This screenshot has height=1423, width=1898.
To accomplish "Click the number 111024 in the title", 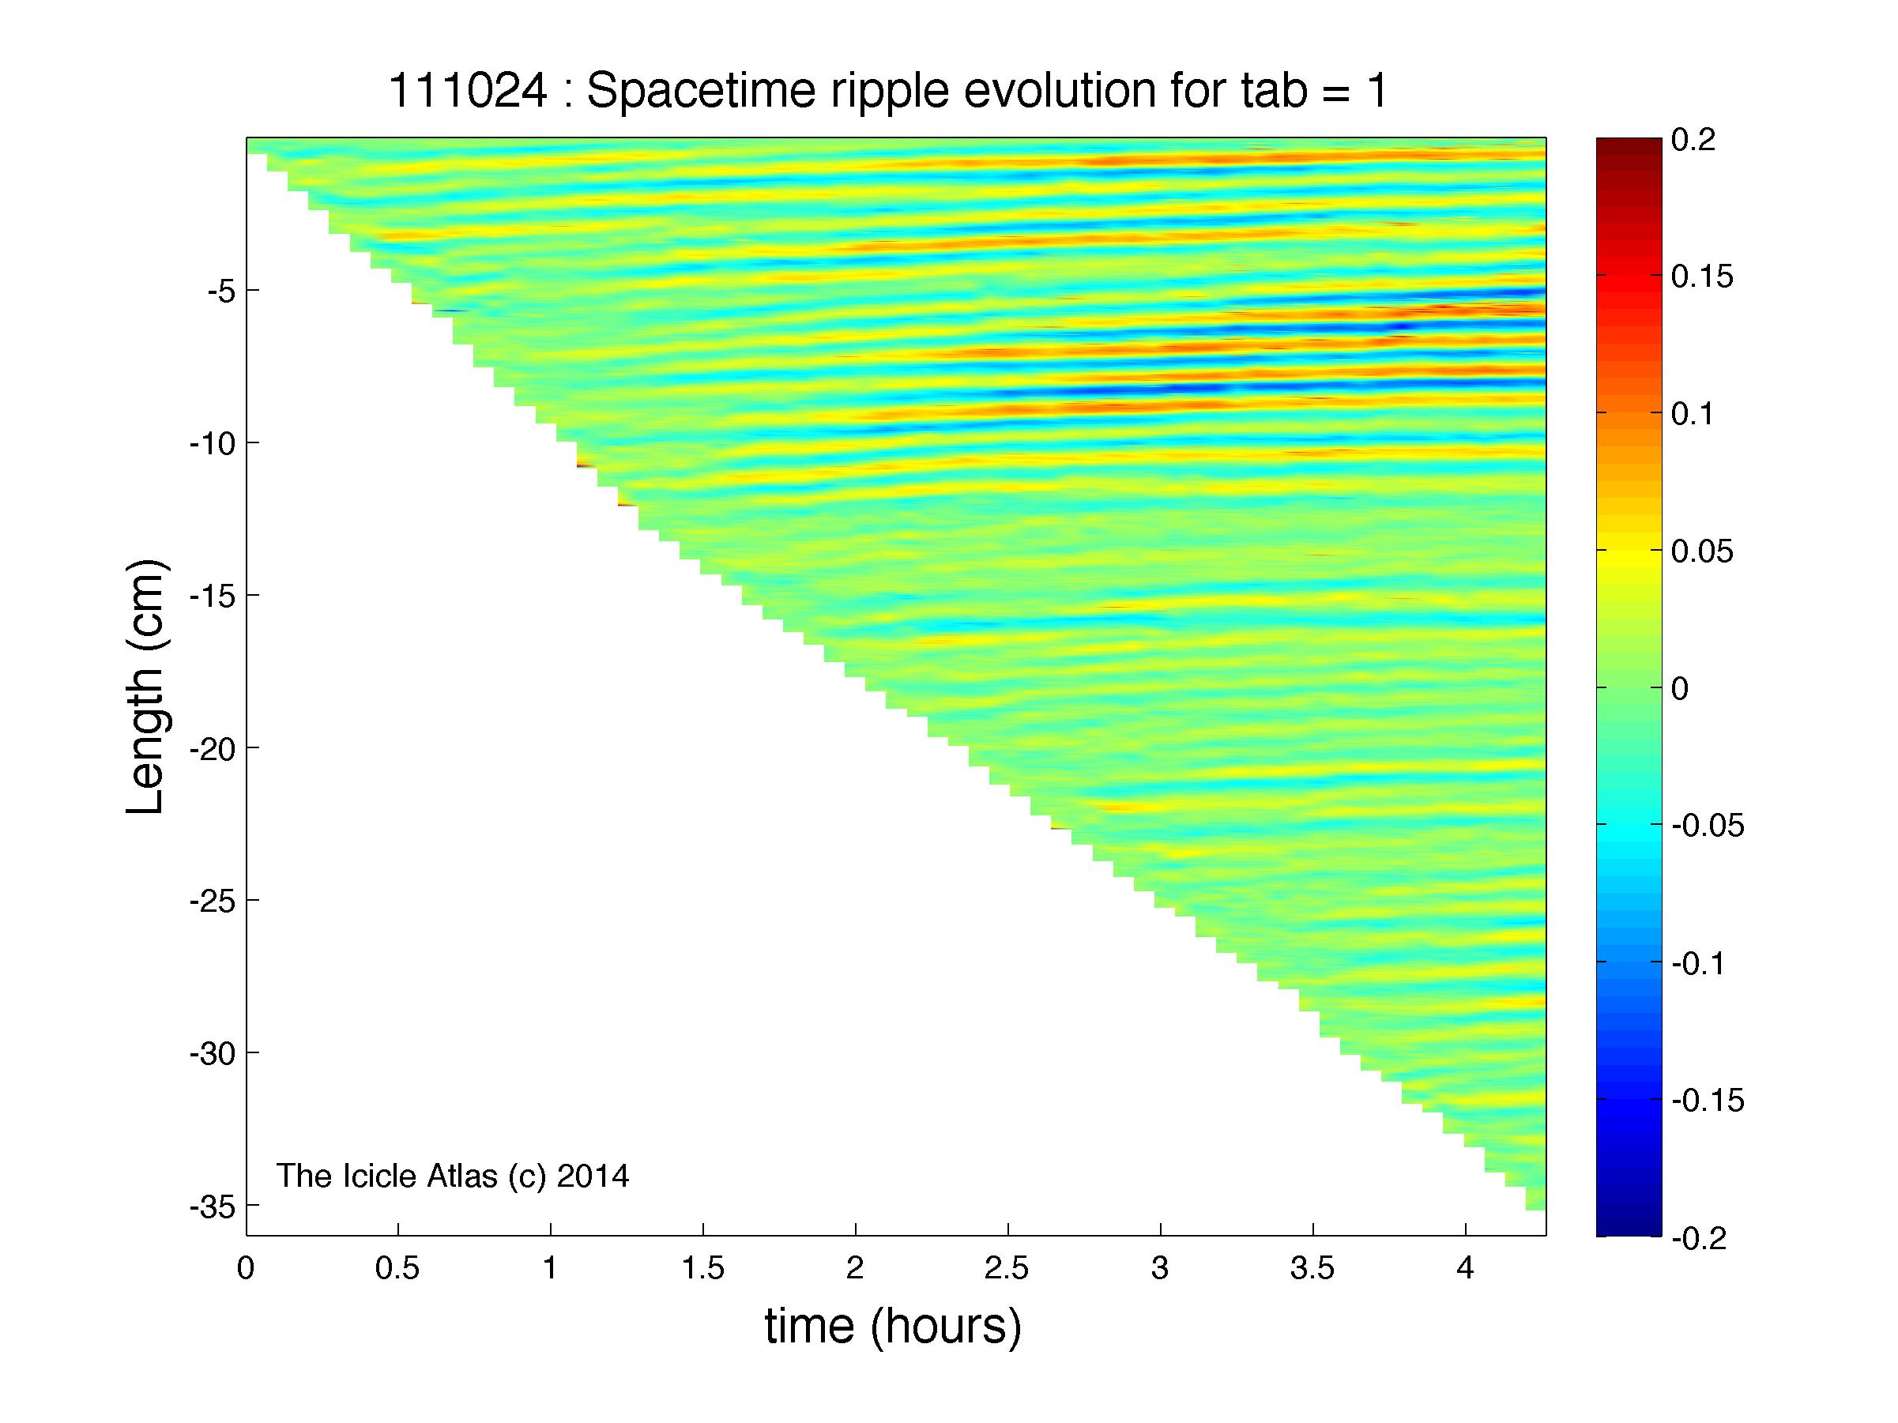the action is tap(469, 90).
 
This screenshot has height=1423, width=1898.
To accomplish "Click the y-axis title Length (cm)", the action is tap(146, 687).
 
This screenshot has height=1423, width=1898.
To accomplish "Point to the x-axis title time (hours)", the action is tap(893, 1326).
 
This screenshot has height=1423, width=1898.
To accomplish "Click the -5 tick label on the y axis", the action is tap(220, 291).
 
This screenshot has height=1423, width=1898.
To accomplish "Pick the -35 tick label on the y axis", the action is tap(213, 1206).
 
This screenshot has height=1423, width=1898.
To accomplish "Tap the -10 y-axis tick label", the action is tap(213, 443).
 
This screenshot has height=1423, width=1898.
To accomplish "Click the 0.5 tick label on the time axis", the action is tap(397, 1268).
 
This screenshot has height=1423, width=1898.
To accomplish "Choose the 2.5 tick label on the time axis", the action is tap(1007, 1268).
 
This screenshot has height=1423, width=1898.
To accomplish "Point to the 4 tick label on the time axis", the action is tap(1466, 1268).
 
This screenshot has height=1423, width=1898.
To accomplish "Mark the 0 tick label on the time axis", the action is tap(247, 1268).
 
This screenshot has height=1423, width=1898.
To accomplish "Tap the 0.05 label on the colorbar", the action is tap(1702, 552).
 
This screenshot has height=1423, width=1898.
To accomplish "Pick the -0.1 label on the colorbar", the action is tap(1699, 963).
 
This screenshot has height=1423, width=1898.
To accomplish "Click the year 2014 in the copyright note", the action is tap(593, 1176).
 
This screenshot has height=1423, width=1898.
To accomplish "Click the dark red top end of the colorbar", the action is tap(1629, 144).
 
